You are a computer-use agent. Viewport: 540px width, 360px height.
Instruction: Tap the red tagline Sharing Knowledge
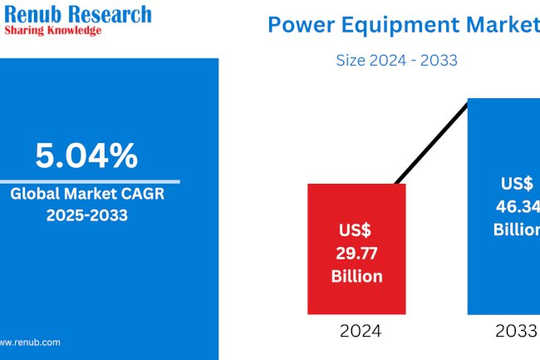53,30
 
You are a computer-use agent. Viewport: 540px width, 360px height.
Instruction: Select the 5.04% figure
86,155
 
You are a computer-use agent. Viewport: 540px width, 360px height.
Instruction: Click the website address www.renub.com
29,342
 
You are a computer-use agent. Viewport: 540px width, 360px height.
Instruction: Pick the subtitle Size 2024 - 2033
397,60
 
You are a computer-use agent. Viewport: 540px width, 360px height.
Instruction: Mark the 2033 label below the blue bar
515,331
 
